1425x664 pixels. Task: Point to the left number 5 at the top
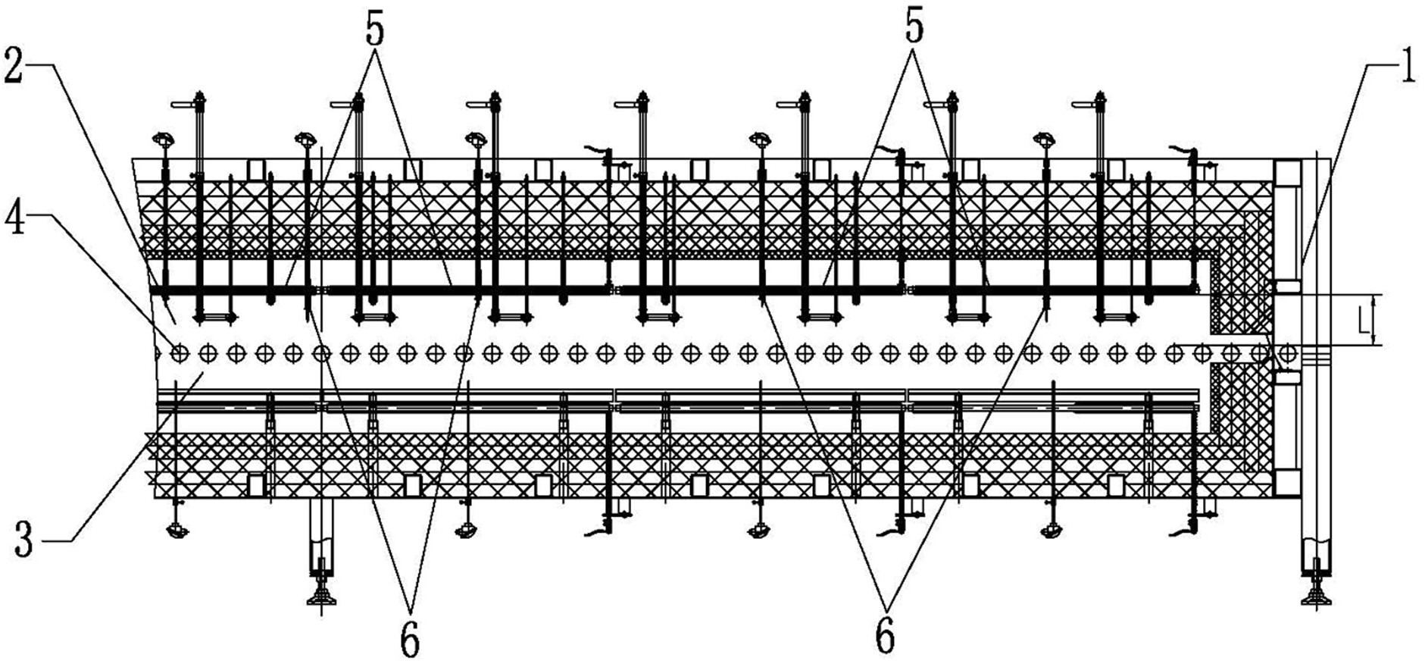[x=373, y=31]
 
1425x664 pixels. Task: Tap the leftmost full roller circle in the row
[x=179, y=352]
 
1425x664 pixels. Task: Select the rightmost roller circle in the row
[x=1286, y=352]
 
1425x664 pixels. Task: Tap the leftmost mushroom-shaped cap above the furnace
[x=163, y=139]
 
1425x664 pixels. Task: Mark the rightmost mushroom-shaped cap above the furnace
[x=1046, y=139]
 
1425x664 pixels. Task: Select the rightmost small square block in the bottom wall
[x=1115, y=485]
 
